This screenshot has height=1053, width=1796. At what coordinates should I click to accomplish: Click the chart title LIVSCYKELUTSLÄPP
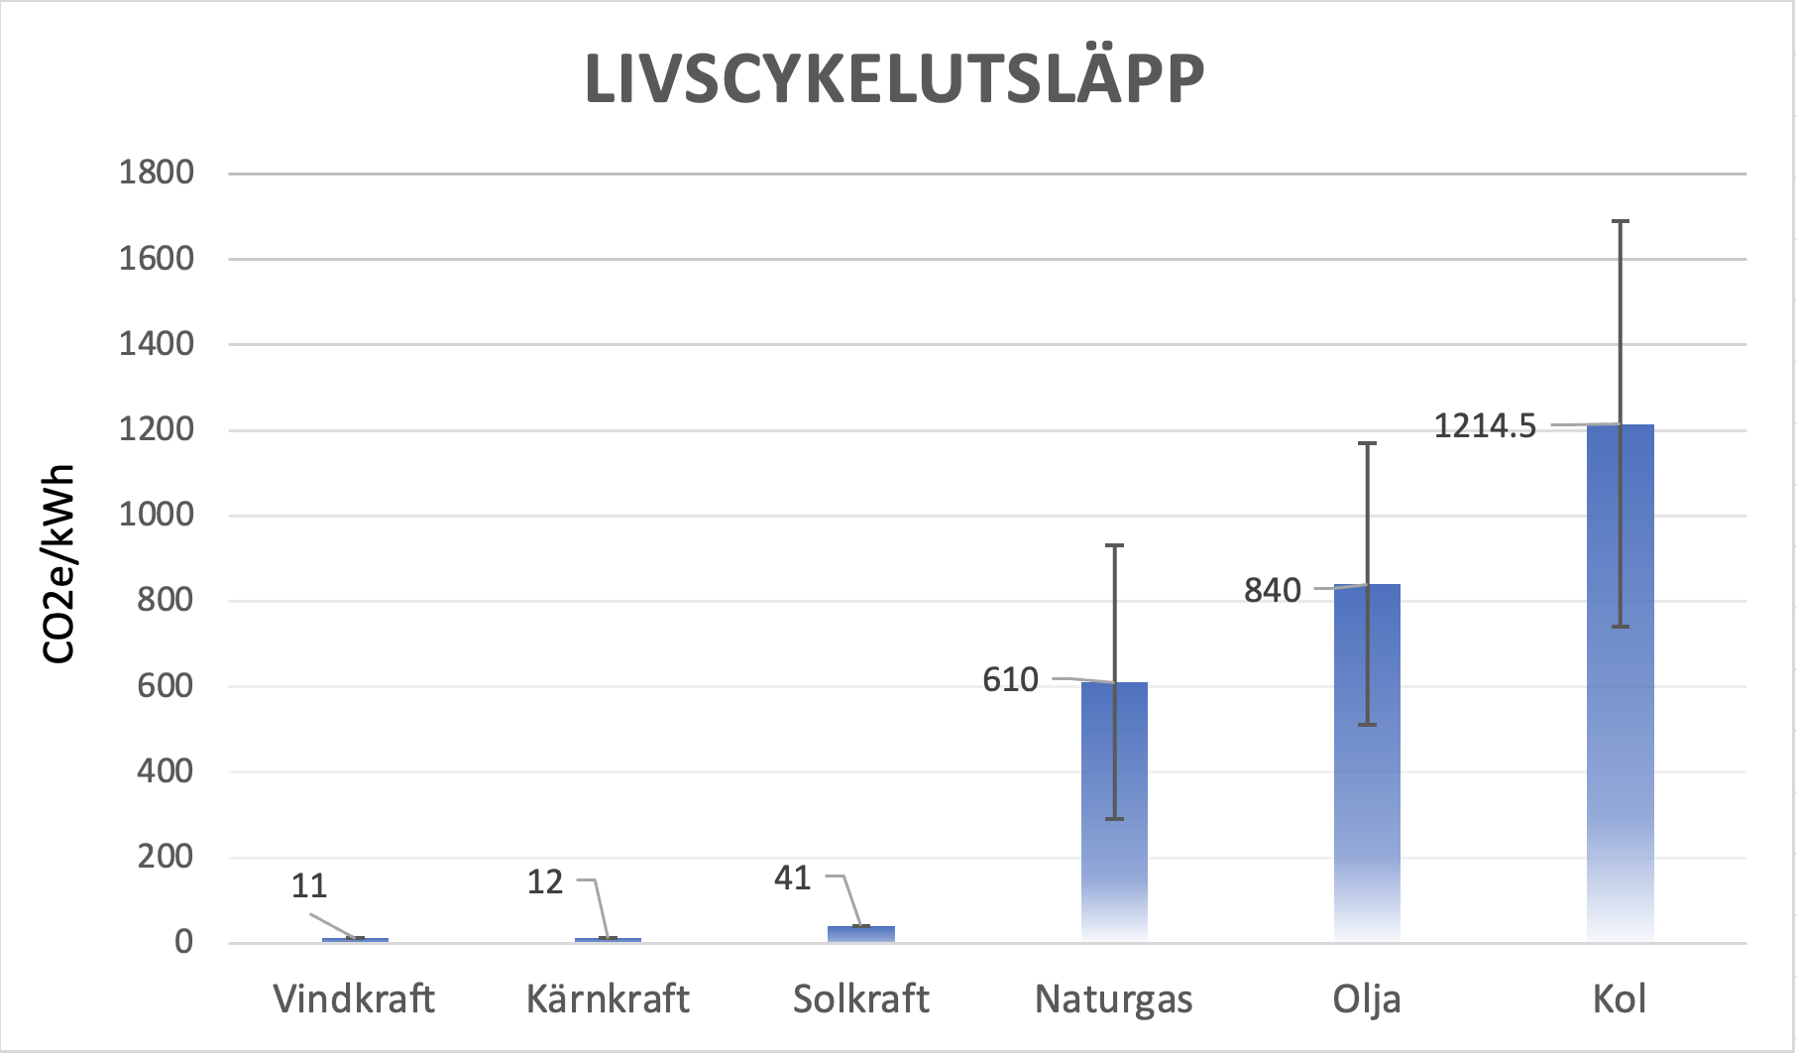894,78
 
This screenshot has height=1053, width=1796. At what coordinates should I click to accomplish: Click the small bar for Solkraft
861,933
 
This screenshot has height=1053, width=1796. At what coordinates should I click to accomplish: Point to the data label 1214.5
1485,426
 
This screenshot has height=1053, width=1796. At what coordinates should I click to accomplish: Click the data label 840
1273,591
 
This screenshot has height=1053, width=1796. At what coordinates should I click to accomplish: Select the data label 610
1010,680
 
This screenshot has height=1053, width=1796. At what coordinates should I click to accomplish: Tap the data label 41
792,877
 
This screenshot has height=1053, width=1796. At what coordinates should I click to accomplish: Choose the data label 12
544,881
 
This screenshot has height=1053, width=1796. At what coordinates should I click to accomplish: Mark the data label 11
309,885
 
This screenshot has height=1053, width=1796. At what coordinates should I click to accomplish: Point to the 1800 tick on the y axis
157,173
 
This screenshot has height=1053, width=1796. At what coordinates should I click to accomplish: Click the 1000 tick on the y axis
157,515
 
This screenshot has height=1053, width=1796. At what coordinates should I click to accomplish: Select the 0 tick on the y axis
183,942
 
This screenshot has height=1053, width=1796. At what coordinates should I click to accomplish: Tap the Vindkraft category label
354,999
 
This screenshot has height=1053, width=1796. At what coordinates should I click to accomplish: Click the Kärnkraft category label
608,999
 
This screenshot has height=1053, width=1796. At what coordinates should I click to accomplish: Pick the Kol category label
1620,999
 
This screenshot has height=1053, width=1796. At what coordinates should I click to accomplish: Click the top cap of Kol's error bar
1621,221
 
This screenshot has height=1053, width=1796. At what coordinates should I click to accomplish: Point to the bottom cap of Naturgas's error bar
1114,819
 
